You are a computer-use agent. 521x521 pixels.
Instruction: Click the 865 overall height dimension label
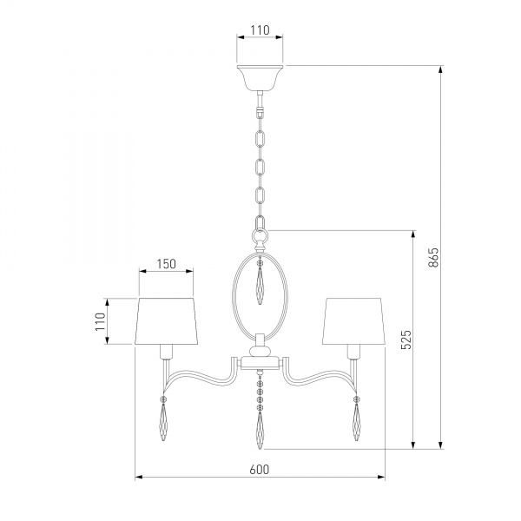point(433,257)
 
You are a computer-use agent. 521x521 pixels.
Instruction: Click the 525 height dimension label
point(406,340)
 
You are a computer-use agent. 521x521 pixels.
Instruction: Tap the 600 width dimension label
point(260,470)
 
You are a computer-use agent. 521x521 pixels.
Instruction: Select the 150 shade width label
point(166,264)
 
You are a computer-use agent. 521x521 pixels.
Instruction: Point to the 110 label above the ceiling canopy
point(260,30)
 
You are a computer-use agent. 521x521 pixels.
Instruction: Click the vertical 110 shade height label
point(100,321)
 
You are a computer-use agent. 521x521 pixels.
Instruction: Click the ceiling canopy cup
point(260,78)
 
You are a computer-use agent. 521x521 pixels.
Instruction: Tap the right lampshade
point(353,321)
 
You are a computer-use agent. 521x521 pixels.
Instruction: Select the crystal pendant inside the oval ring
point(260,281)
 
